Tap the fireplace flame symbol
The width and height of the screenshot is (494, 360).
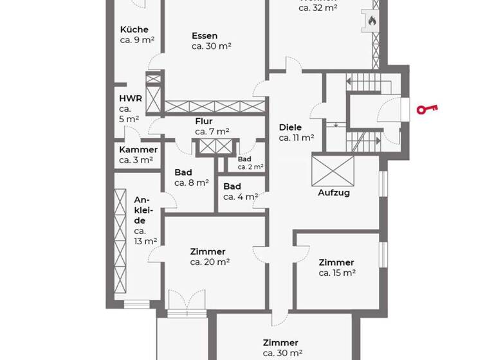371,21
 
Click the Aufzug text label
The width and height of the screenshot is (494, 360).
333,192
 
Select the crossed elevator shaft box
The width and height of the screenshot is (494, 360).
333,170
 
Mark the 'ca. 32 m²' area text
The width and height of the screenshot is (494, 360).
318,8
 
